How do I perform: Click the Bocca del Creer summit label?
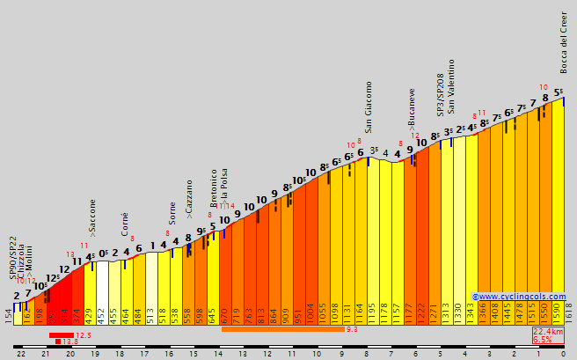pos(564,42)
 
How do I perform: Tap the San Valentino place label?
pos(451,86)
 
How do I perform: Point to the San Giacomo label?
pos(369,107)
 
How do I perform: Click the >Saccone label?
pos(92,219)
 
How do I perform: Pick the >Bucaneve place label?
pos(412,109)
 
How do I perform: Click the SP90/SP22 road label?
pos(13,258)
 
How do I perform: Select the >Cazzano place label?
pos(189,199)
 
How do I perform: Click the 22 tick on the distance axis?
pos(19,353)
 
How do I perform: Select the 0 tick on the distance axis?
pos(563,353)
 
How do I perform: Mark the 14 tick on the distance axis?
pos(217,353)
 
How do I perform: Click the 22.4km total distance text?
pos(548,331)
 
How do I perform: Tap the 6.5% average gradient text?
pos(543,340)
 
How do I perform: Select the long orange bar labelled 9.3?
pos(281,329)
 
